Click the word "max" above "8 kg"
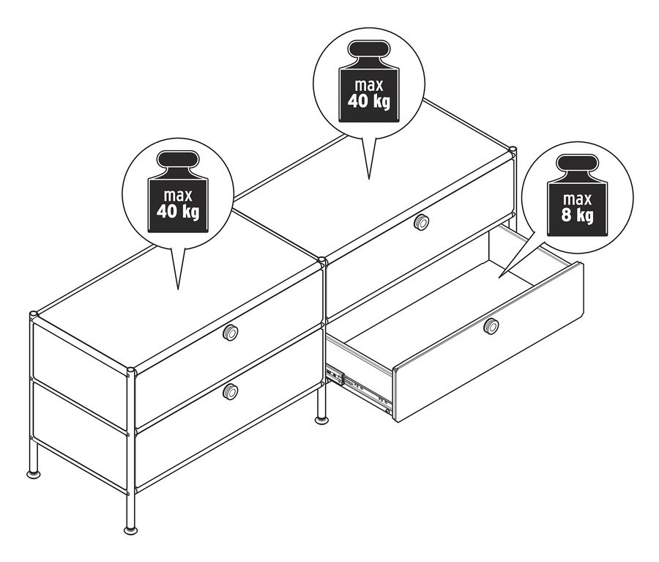[x=577, y=199]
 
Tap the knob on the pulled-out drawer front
[x=491, y=326]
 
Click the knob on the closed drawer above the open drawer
[x=421, y=222]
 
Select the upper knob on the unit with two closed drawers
[x=230, y=333]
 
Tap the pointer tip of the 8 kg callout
[x=499, y=277]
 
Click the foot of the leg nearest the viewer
[x=130, y=529]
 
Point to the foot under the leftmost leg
[x=34, y=473]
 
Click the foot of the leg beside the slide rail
[x=322, y=419]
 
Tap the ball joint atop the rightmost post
[x=513, y=150]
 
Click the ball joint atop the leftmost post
[x=34, y=314]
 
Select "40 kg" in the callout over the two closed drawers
[x=178, y=212]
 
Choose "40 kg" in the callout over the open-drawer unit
[x=368, y=101]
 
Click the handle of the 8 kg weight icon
[x=577, y=164]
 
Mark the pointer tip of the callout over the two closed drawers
[x=178, y=289]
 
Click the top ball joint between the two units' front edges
[x=323, y=262]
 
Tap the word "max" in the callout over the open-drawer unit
[x=369, y=86]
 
